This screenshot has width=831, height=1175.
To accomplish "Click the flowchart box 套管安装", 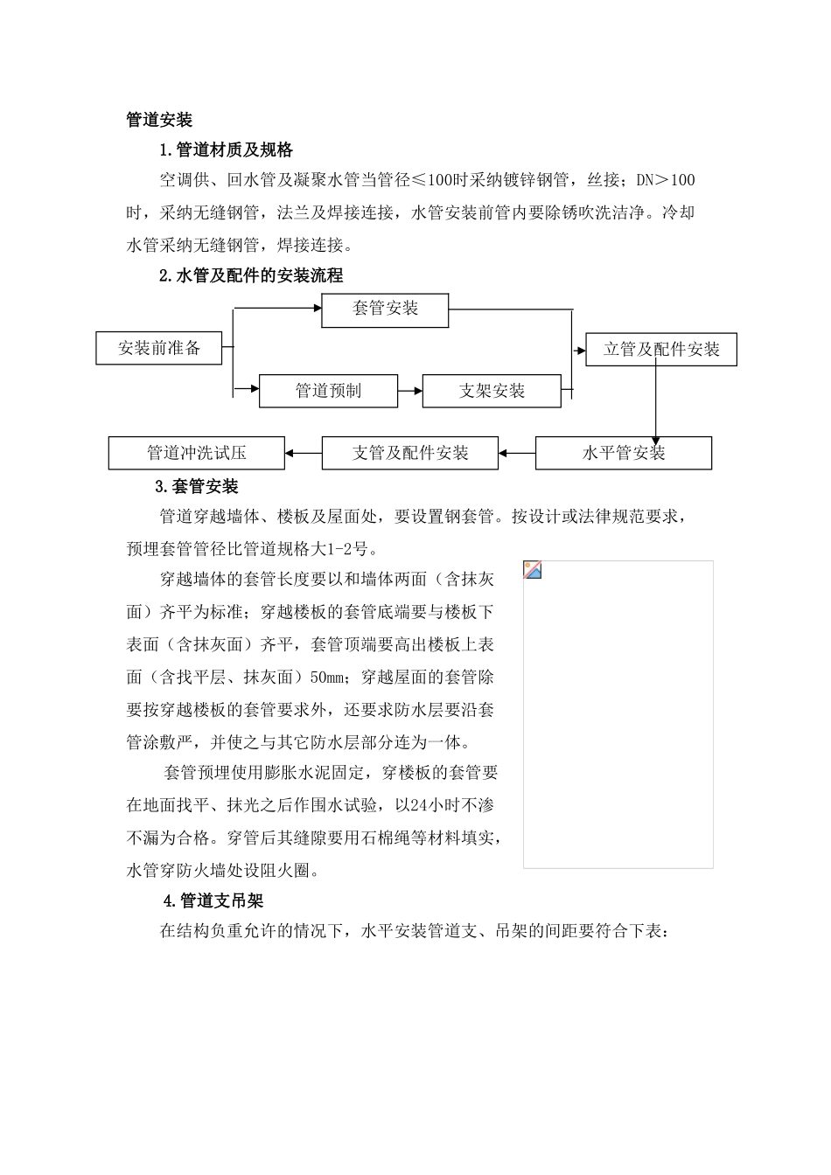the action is pyautogui.click(x=385, y=309).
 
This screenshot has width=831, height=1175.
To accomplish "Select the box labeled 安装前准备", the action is pyautogui.click(x=158, y=348).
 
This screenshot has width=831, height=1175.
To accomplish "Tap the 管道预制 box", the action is pyautogui.click(x=328, y=391).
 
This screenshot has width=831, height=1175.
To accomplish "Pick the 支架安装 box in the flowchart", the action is pyautogui.click(x=492, y=391).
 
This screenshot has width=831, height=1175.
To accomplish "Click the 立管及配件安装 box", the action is pyautogui.click(x=661, y=349).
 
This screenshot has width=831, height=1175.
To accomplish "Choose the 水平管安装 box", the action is pyautogui.click(x=623, y=453).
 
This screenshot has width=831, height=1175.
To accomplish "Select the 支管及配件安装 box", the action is pyautogui.click(x=410, y=453).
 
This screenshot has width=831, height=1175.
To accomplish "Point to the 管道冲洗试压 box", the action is pyautogui.click(x=196, y=453).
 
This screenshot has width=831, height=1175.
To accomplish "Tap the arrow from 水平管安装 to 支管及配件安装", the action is pyautogui.click(x=517, y=453).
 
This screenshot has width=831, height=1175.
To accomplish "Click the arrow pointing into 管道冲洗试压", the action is pyautogui.click(x=304, y=453).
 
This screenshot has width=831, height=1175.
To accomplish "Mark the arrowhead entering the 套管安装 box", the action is pyautogui.click(x=317, y=308).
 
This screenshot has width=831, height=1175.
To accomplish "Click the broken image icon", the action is pyautogui.click(x=533, y=570).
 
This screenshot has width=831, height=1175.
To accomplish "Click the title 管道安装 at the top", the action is pyautogui.click(x=159, y=120).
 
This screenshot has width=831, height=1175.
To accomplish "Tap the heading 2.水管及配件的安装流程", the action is pyautogui.click(x=251, y=275).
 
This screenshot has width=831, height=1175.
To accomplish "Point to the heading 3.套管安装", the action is pyautogui.click(x=196, y=487).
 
